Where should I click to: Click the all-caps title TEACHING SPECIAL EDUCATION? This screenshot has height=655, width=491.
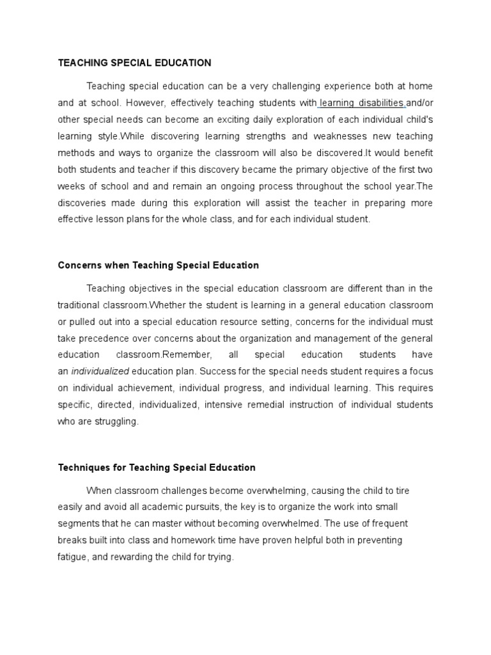click(x=134, y=63)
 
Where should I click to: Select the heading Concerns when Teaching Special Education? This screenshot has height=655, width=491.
click(x=158, y=265)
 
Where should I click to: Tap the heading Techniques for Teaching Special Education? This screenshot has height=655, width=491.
click(x=157, y=468)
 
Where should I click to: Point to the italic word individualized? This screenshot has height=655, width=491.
click(x=100, y=371)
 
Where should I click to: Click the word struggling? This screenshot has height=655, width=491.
click(x=116, y=422)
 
